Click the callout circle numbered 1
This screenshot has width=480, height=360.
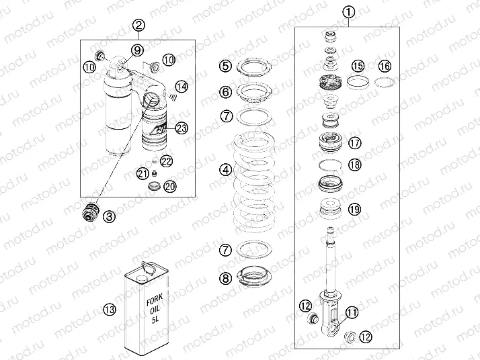click(348, 11)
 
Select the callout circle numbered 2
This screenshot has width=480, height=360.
click(139, 26)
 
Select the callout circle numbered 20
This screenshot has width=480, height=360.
click(170, 186)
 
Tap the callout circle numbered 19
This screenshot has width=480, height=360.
click(354, 209)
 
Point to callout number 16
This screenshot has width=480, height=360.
click(384, 66)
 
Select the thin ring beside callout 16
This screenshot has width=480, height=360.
click(384, 83)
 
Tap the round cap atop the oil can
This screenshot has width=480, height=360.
click(143, 267)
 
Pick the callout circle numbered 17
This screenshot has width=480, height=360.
click(354, 142)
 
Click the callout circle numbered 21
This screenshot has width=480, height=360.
click(143, 173)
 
